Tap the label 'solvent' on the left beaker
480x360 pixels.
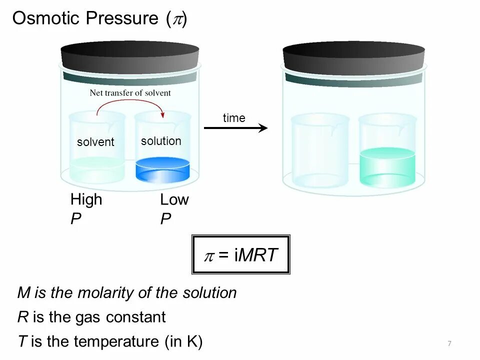click(95, 142)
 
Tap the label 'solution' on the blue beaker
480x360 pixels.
click(161, 141)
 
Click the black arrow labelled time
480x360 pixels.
click(235, 128)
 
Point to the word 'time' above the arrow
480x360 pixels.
click(234, 118)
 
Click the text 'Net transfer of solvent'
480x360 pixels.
click(130, 92)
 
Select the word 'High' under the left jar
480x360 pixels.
click(86, 199)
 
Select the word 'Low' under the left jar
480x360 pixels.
click(174, 199)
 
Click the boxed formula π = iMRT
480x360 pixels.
click(240, 254)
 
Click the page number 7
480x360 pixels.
click(449, 343)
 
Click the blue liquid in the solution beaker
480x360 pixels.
click(162, 170)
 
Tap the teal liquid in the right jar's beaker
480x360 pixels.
click(387, 167)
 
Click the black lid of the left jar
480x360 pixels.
click(130, 56)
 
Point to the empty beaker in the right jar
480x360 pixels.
click(320, 150)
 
